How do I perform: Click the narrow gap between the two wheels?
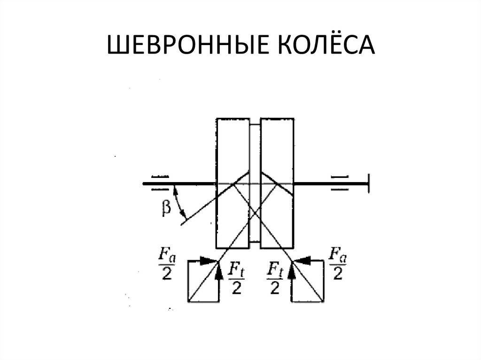255,183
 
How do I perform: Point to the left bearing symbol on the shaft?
161,183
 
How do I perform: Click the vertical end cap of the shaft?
369,183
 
